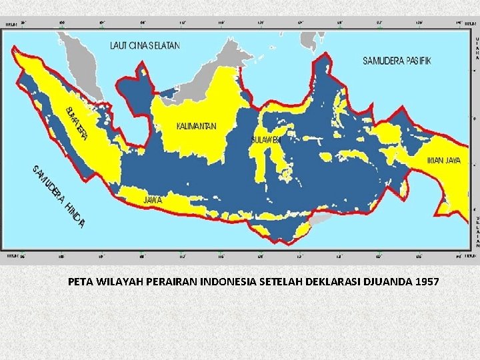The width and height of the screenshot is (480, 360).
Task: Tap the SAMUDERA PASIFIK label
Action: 397,60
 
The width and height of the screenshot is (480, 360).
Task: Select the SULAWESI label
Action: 266,140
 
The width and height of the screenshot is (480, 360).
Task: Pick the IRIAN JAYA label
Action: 443,160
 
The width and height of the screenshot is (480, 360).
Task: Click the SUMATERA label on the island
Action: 78,123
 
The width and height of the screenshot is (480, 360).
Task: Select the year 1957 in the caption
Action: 427,281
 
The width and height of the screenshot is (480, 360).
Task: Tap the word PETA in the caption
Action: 80,281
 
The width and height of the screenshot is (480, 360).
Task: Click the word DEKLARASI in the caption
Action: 334,281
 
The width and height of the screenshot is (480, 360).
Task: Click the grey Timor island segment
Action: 321,219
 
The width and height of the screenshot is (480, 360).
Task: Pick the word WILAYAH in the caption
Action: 119,281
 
